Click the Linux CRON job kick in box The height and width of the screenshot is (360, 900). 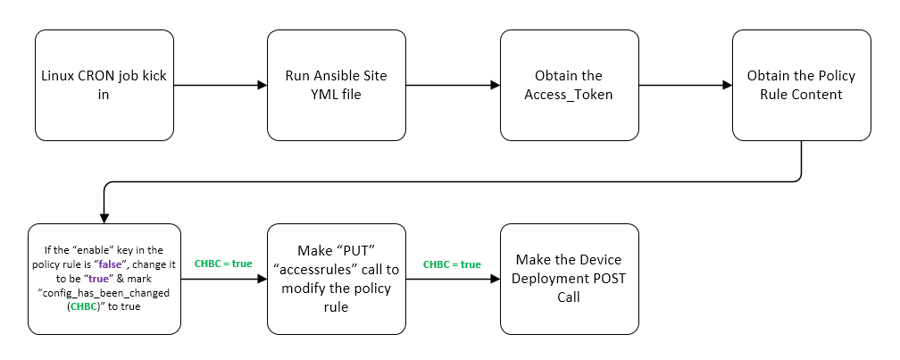tap(104, 85)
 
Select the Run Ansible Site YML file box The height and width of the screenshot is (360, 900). tap(337, 85)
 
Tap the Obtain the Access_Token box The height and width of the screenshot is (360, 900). tap(569, 85)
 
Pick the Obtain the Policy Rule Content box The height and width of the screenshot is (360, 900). tap(801, 85)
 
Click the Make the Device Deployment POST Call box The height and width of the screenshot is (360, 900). tap(569, 279)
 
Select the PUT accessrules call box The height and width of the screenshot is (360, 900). tap(337, 279)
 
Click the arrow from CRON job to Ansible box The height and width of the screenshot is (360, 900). tap(220, 85)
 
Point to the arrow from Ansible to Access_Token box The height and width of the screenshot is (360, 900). tap(453, 85)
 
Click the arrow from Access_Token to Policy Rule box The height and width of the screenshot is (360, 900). tap(685, 85)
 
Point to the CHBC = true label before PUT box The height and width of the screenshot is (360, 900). tap(222, 264)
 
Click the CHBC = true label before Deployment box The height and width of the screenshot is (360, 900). tap(452, 264)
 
